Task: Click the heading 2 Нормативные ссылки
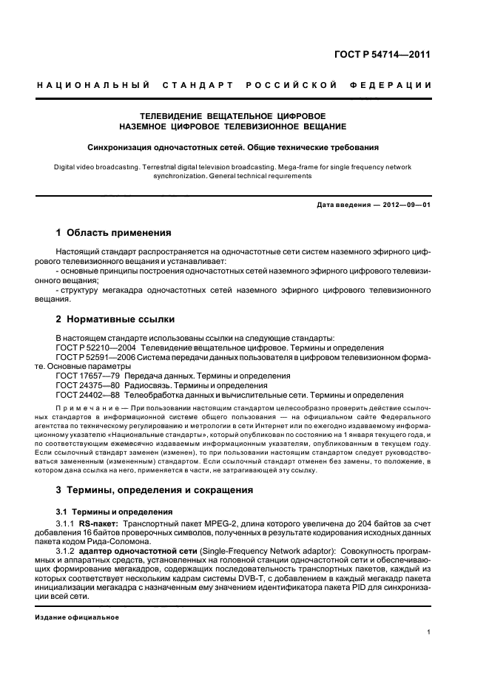click(115, 319)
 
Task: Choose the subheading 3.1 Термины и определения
click(115, 512)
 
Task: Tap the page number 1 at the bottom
click(429, 632)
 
